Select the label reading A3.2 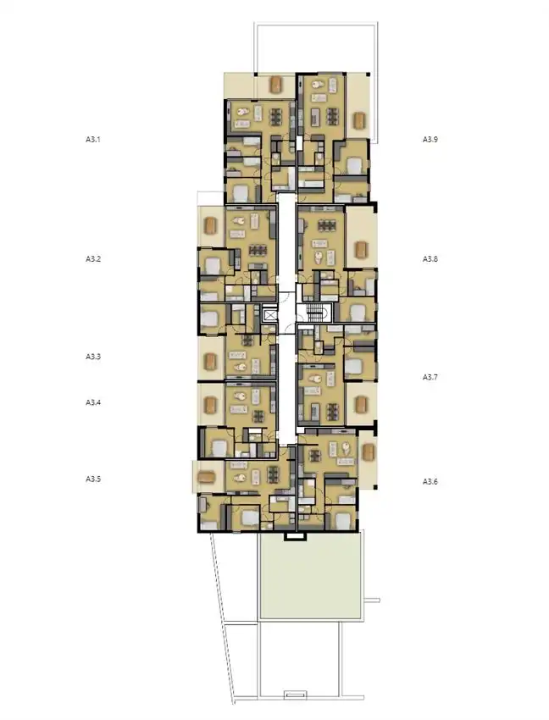[93, 258]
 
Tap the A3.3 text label [93, 357]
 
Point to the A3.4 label [93, 402]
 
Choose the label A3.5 [93, 479]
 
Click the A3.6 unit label [430, 481]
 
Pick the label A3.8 [430, 258]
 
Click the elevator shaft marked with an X [270, 314]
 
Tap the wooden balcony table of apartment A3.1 [279, 84]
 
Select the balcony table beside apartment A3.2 [211, 226]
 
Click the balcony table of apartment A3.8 [360, 250]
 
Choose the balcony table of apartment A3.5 [207, 477]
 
